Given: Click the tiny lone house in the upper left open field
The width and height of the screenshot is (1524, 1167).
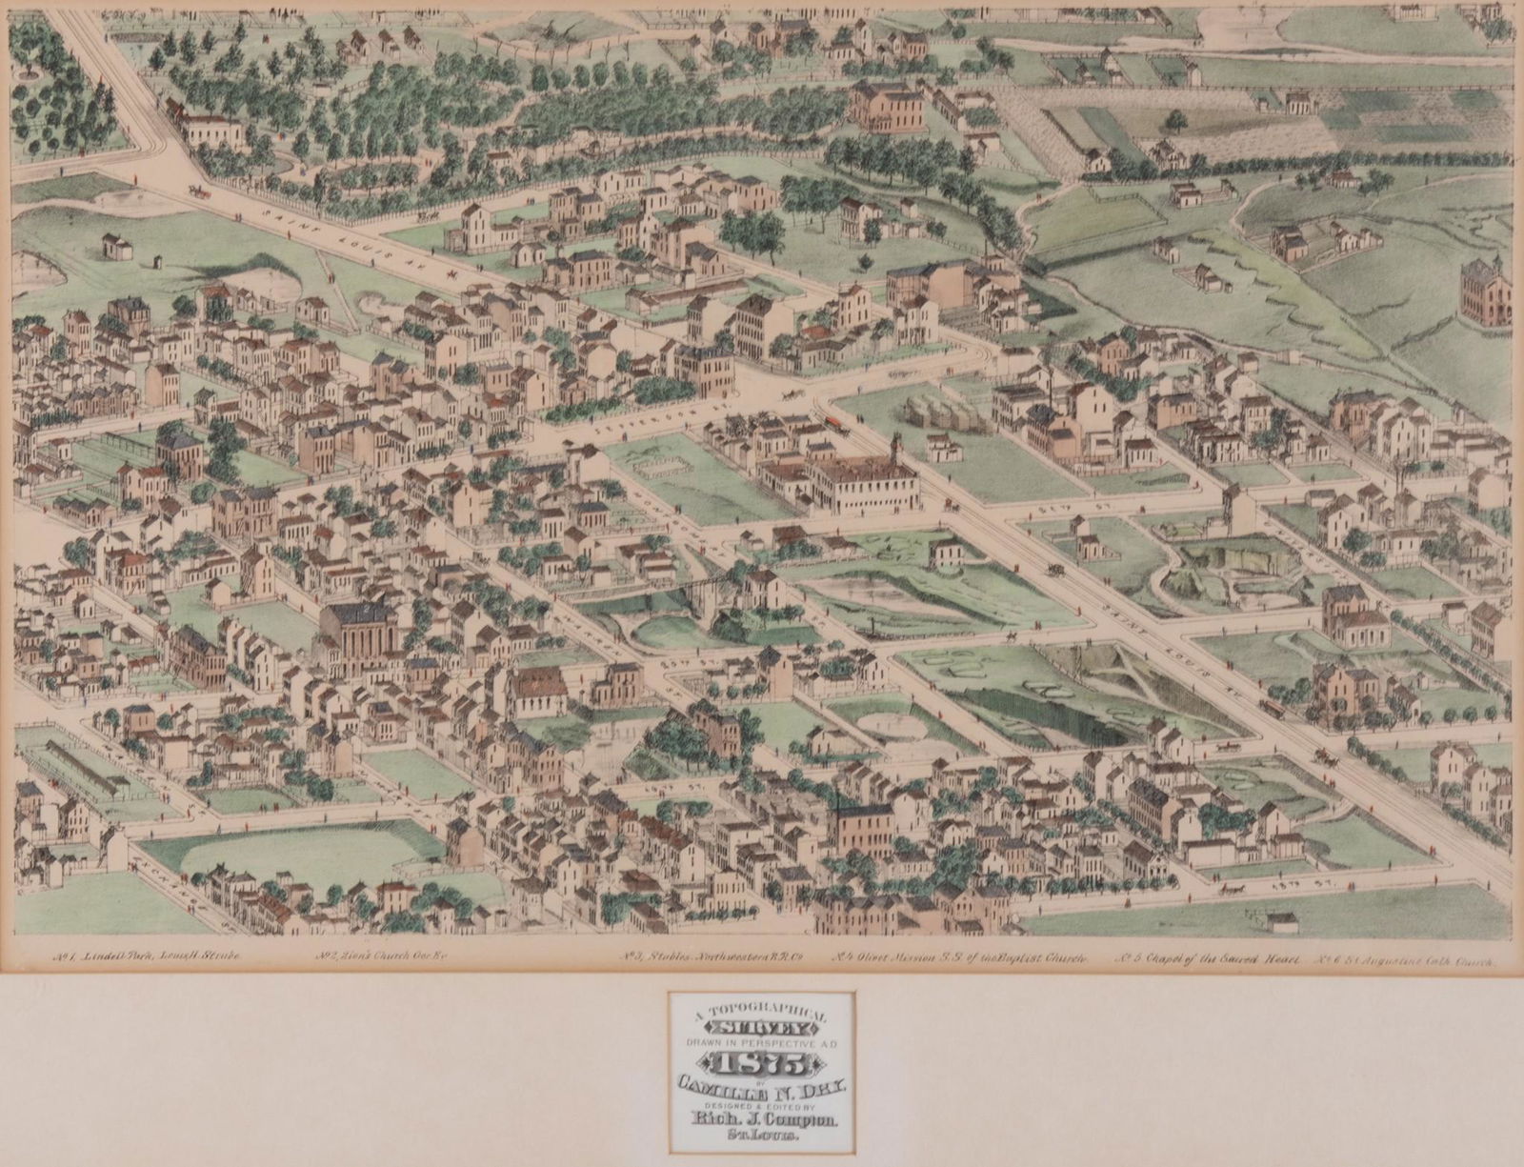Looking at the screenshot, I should click(x=117, y=246).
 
